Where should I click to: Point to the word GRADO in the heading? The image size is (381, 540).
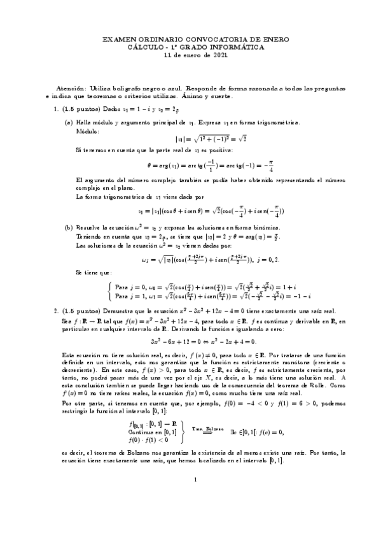click(181, 47)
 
